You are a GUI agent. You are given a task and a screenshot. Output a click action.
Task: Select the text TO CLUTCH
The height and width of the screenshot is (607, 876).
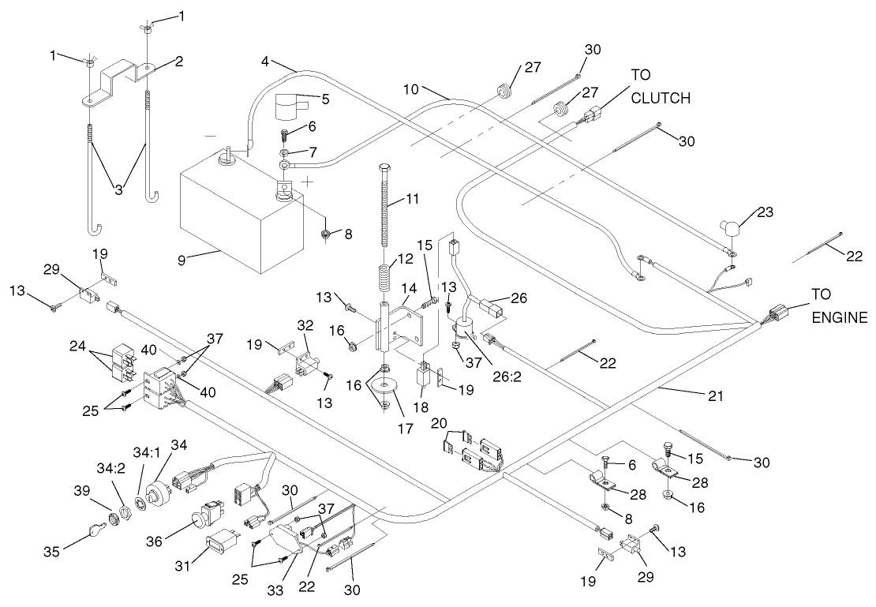[660, 89]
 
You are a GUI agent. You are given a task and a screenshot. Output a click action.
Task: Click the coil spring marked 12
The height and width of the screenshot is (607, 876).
[384, 279]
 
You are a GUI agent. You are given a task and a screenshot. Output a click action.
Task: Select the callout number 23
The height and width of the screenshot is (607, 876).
[765, 212]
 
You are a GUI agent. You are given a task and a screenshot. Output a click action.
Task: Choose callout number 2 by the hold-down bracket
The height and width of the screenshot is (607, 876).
[179, 62]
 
